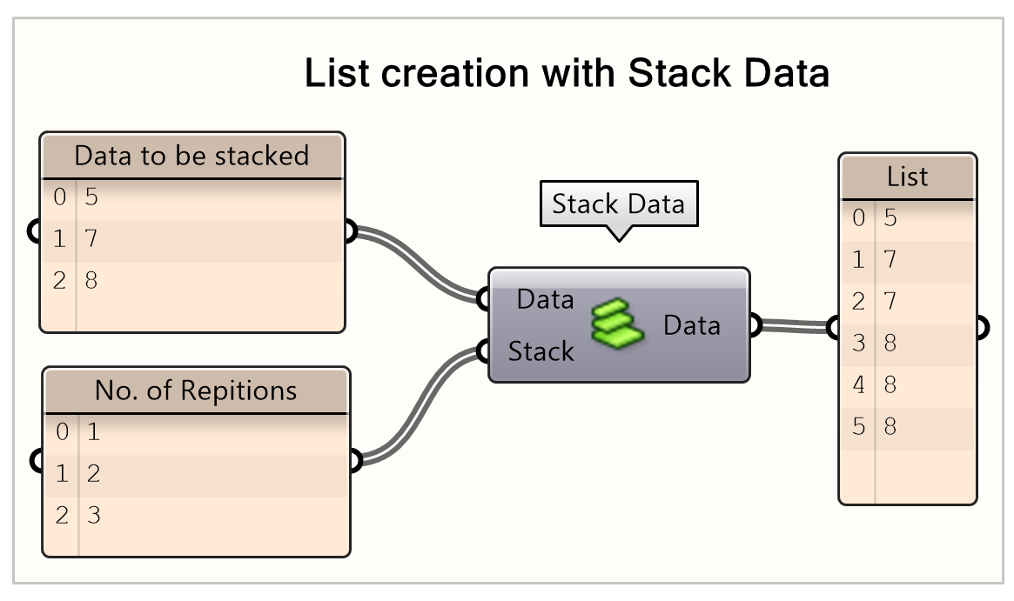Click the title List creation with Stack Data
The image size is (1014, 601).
click(566, 73)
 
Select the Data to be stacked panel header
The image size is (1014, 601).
click(191, 156)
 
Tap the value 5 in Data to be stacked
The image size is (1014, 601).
click(91, 197)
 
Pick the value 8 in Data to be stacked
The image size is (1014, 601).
click(91, 280)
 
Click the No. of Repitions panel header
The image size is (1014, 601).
click(196, 391)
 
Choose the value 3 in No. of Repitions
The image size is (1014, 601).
click(93, 515)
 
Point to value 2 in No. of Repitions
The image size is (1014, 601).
click(93, 474)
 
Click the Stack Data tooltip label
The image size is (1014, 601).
click(618, 205)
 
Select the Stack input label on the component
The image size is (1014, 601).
click(541, 351)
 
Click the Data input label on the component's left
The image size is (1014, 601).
click(545, 300)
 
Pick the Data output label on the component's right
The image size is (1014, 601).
click(692, 325)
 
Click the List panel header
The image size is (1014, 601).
click(907, 177)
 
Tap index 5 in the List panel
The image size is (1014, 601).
click(858, 427)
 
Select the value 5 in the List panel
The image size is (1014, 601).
click(890, 217)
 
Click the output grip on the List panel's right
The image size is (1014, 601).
click(982, 329)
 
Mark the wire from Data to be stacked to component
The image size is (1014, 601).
click(418, 261)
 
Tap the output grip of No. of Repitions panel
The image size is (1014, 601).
click(354, 461)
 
